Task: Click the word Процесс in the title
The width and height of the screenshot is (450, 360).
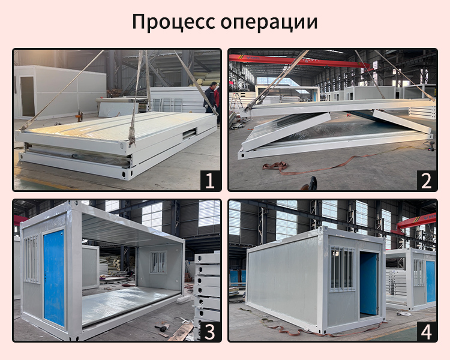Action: click(x=173, y=22)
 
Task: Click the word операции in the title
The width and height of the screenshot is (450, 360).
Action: click(x=269, y=22)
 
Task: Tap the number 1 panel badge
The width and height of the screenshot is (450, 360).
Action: click(x=210, y=180)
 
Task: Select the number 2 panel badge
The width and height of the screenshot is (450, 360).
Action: click(x=426, y=180)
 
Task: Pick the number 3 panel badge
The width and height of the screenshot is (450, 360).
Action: click(x=210, y=331)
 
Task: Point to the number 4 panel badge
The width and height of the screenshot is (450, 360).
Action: click(x=426, y=331)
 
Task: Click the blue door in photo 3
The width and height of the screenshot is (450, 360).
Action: click(x=54, y=278)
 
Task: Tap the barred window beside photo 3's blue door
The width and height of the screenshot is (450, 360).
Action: click(x=31, y=259)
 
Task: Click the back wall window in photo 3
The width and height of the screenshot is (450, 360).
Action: click(x=158, y=262)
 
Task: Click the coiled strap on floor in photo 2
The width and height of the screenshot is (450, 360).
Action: click(x=276, y=167)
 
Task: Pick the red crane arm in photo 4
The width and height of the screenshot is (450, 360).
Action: click(x=417, y=221)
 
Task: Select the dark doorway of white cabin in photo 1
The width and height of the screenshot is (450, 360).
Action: click(x=28, y=96)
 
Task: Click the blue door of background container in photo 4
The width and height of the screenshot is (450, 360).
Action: click(x=430, y=281)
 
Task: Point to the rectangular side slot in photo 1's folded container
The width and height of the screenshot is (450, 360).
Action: click(x=190, y=133)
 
